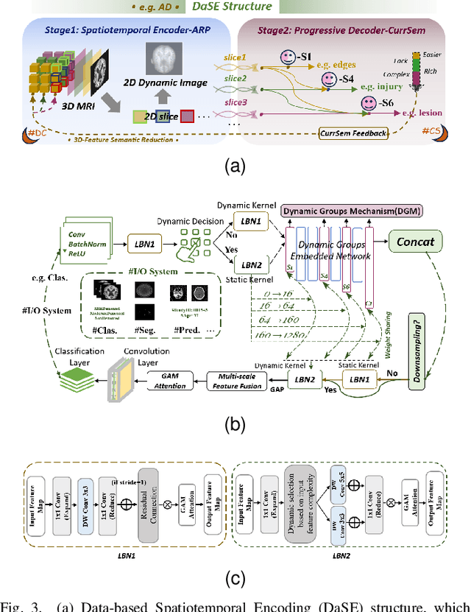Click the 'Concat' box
tap(415, 241)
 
